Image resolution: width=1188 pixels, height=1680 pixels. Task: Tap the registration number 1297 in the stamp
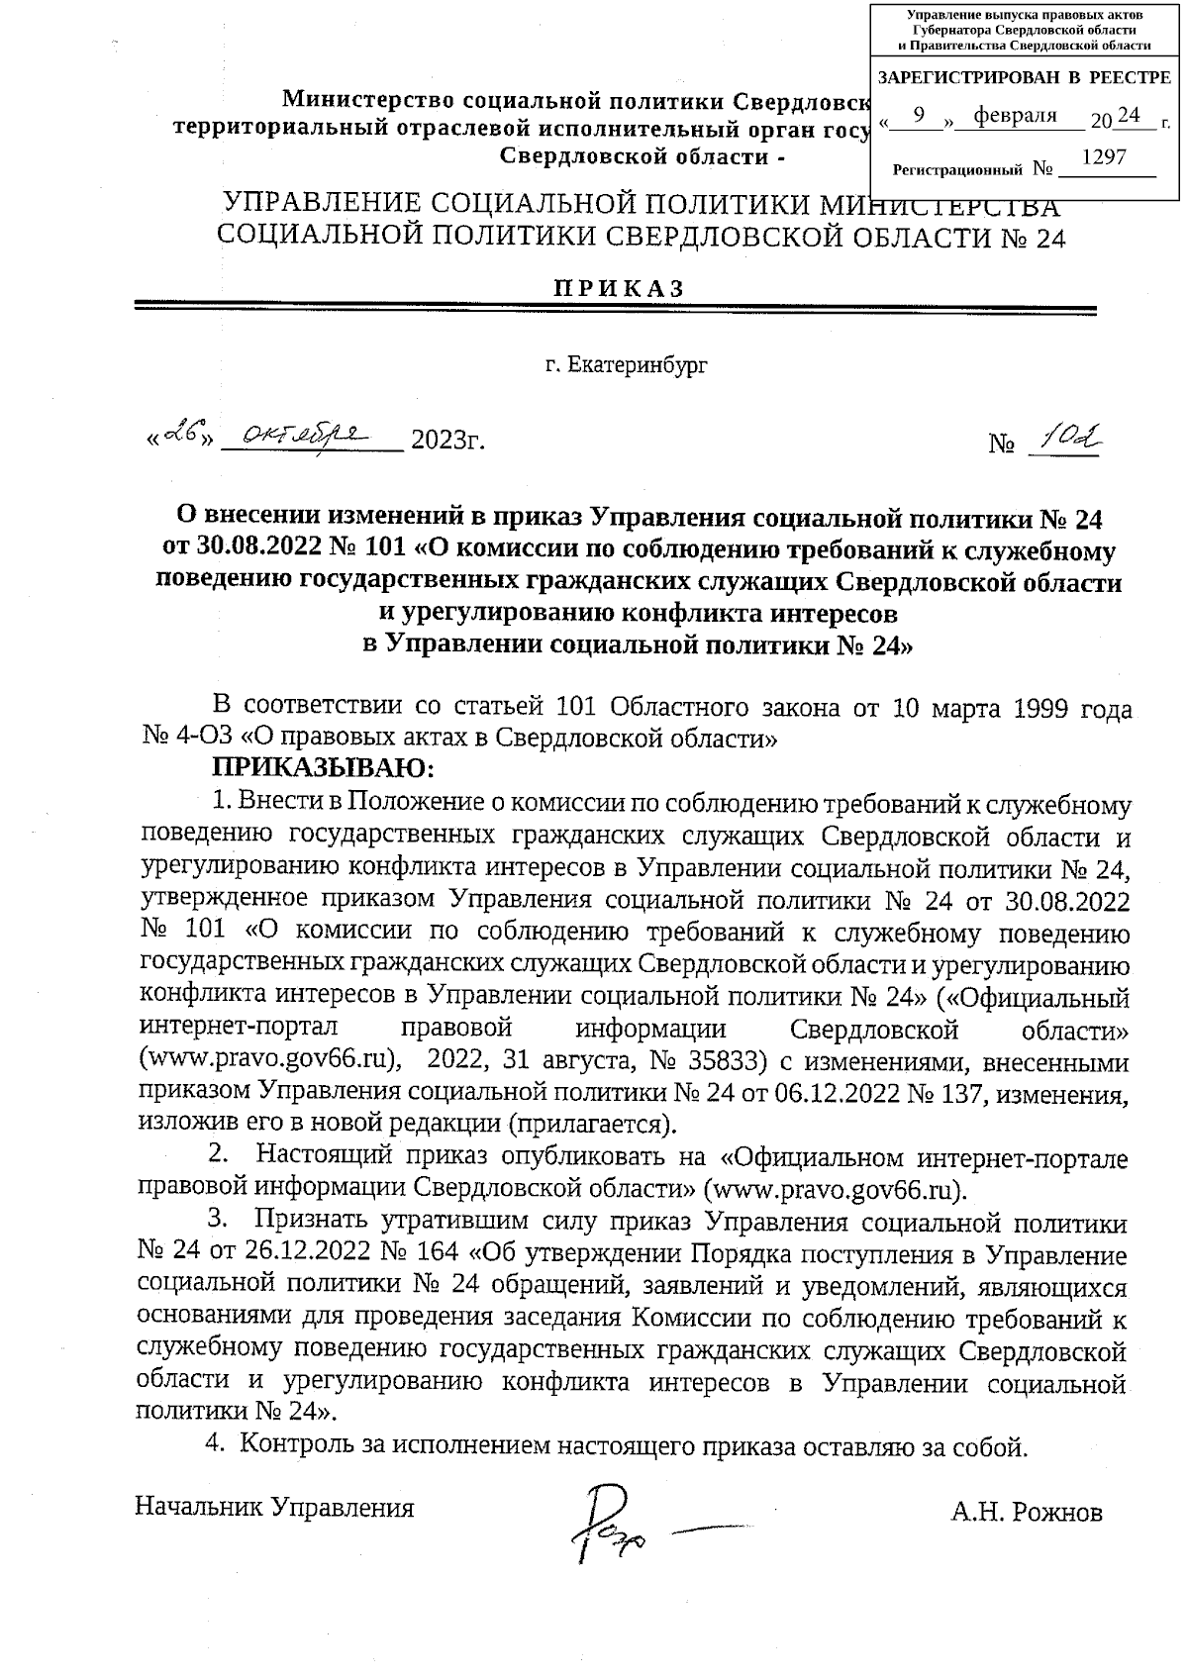coord(1104,156)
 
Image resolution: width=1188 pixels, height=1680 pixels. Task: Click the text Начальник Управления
coord(274,1508)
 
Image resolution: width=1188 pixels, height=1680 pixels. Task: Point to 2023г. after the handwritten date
coord(446,440)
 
